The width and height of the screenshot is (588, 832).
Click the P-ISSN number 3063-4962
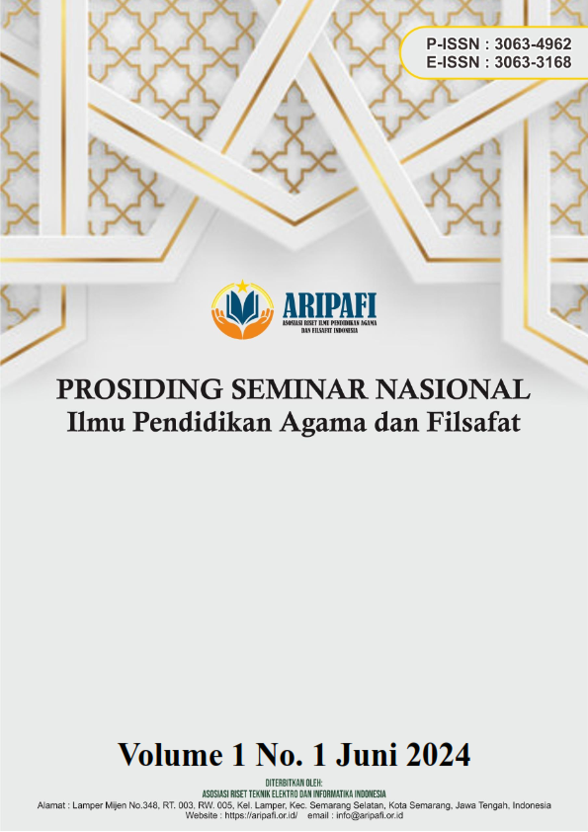pos(533,44)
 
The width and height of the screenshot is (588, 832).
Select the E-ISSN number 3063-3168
pos(533,62)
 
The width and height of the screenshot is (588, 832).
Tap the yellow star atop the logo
pos(242,287)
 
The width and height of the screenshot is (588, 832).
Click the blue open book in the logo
pos(242,307)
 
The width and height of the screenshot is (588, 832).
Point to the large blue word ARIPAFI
pos(329,305)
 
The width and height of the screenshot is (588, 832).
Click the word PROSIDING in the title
pos(140,390)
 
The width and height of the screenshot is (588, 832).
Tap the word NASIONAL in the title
pos(453,390)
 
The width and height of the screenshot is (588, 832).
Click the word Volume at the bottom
pos(170,754)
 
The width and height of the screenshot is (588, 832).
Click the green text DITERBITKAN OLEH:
pos(294,783)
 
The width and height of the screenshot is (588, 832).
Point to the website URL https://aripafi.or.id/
pos(261,815)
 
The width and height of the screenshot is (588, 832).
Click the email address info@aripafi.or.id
pos(370,815)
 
